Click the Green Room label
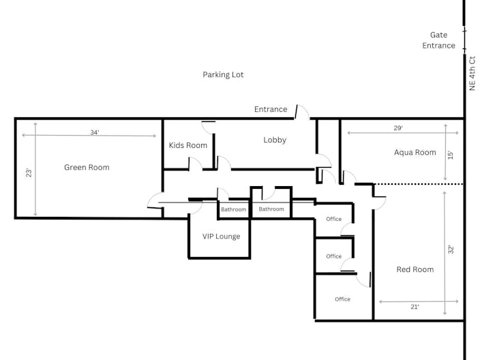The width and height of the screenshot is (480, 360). (87, 167)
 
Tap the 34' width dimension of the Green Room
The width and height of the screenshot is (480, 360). (94, 132)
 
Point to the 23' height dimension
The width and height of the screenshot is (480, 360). (29, 173)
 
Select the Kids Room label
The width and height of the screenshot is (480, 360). (187, 145)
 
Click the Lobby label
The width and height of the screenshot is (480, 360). (275, 140)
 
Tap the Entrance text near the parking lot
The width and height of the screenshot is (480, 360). (271, 109)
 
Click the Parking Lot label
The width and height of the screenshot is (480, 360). (223, 74)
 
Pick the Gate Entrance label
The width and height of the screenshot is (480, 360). (438, 40)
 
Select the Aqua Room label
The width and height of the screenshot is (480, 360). (415, 152)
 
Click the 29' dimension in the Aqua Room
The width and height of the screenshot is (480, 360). (398, 128)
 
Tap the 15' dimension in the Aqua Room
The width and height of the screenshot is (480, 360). (449, 155)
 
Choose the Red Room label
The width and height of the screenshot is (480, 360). (415, 269)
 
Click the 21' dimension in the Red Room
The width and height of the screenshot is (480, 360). (415, 307)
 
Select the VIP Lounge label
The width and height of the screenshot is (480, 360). (221, 237)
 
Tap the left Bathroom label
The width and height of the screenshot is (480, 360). (233, 209)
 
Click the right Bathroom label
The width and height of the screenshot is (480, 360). (271, 209)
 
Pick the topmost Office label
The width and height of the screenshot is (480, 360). (333, 219)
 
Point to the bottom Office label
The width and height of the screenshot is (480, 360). (342, 299)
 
